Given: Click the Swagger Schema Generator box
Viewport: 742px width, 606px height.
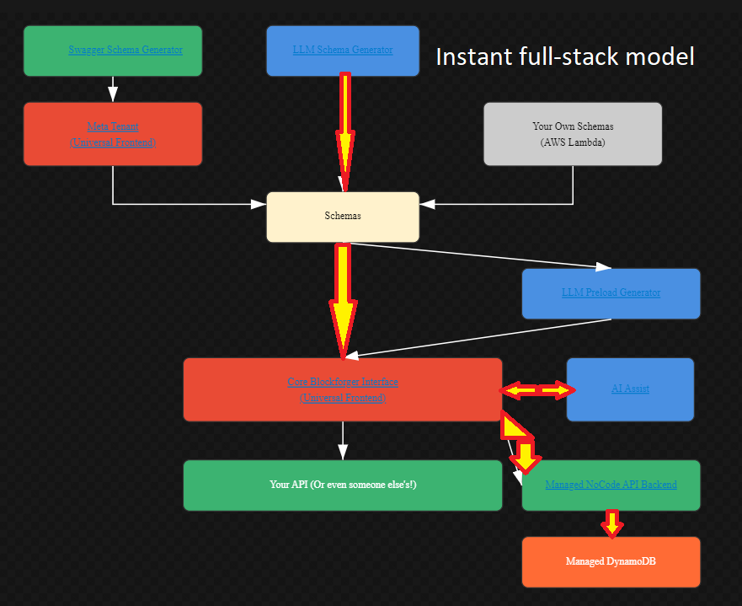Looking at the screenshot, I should pyautogui.click(x=113, y=51).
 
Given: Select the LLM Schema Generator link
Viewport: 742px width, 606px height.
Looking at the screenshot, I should pyautogui.click(x=343, y=51).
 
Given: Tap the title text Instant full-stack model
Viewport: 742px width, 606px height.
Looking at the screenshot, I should pyautogui.click(x=564, y=56).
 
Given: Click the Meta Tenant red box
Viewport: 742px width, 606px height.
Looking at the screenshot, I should pyautogui.click(x=113, y=134).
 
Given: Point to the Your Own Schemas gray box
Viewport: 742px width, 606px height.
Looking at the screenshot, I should pyautogui.click(x=573, y=134).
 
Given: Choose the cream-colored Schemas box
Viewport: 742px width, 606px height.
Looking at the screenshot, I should pyautogui.click(x=343, y=217).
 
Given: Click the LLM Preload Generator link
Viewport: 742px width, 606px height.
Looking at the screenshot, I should pyautogui.click(x=611, y=292).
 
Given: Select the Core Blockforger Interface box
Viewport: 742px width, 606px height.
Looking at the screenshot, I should pyautogui.click(x=343, y=389).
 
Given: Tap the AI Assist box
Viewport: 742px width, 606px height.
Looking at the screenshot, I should pyautogui.click(x=630, y=389).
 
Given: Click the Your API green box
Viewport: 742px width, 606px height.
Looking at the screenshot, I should pyautogui.click(x=343, y=485).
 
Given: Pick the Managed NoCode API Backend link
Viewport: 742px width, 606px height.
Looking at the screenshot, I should pyautogui.click(x=611, y=485).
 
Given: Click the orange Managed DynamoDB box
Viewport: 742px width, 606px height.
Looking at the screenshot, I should pyautogui.click(x=611, y=561).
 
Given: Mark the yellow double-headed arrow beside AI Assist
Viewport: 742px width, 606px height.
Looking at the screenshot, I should pyautogui.click(x=537, y=389).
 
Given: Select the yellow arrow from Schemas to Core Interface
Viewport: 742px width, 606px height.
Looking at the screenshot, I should pyautogui.click(x=343, y=295).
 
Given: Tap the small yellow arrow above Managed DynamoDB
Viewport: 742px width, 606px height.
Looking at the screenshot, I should pyautogui.click(x=612, y=523).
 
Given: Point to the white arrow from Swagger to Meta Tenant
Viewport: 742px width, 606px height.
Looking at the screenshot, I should pyautogui.click(x=113, y=89).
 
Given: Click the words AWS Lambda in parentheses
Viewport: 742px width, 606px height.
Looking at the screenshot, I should pyautogui.click(x=573, y=142).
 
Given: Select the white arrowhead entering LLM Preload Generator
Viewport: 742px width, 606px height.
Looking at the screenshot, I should pyautogui.click(x=603, y=266).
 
